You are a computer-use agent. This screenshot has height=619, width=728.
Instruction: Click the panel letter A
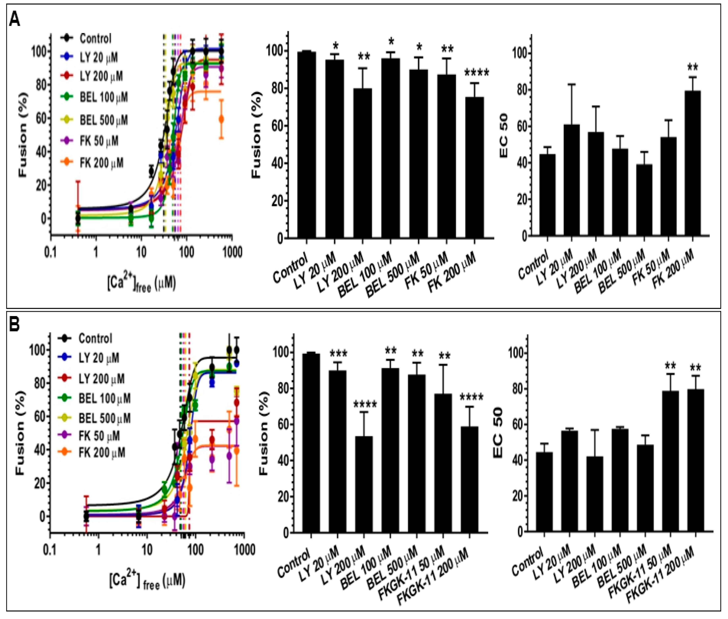tap(15, 19)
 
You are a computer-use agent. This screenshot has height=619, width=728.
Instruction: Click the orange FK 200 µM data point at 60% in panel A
tap(221, 119)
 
